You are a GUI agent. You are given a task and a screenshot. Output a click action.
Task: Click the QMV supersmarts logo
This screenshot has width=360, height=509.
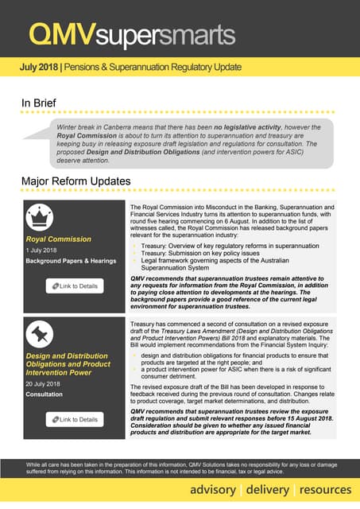131,34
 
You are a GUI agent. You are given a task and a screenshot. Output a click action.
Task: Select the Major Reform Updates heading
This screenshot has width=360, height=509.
75,182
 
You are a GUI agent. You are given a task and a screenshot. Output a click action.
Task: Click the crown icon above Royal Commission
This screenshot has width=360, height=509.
41,217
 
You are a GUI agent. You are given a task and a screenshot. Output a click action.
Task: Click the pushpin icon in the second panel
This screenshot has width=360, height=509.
41,330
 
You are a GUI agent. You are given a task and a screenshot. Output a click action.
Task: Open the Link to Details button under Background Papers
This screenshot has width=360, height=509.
75,286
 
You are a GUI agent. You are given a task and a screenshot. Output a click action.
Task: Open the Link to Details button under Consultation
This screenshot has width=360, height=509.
75,419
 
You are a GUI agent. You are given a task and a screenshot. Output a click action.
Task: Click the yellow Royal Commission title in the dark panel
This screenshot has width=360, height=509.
59,239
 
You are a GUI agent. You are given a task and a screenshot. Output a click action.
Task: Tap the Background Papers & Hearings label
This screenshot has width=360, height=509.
71,261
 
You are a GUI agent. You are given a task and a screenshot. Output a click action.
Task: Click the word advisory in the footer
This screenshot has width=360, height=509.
212,489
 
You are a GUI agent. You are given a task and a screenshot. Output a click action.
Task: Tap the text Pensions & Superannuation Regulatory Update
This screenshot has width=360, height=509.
152,68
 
